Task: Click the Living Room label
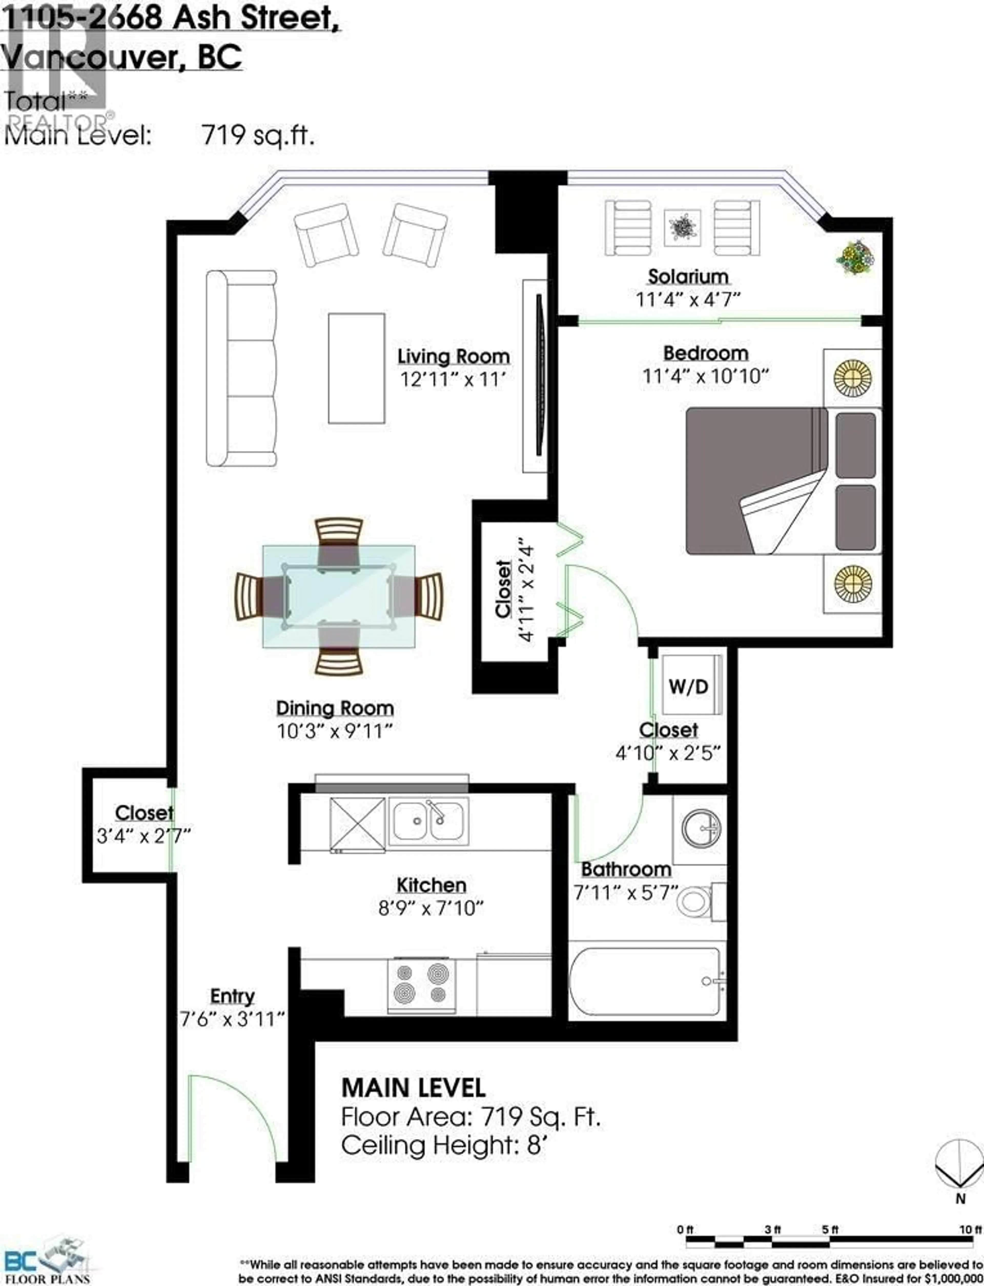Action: [x=453, y=356]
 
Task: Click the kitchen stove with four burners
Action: [x=422, y=986]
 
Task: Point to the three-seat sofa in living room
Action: [x=241, y=368]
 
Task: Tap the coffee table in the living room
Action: [x=356, y=368]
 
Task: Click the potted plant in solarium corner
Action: [x=855, y=256]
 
